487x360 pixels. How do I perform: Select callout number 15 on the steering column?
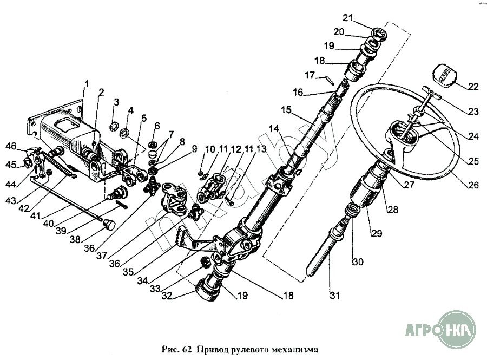(286, 110)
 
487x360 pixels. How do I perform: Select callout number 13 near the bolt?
(261, 148)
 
